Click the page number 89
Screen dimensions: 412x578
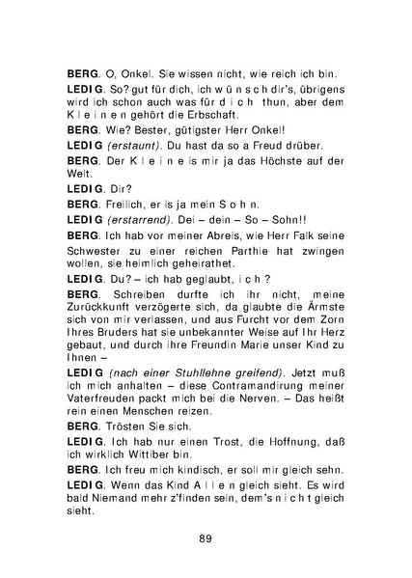tap(205, 537)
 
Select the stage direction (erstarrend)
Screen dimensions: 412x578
tap(141, 220)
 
